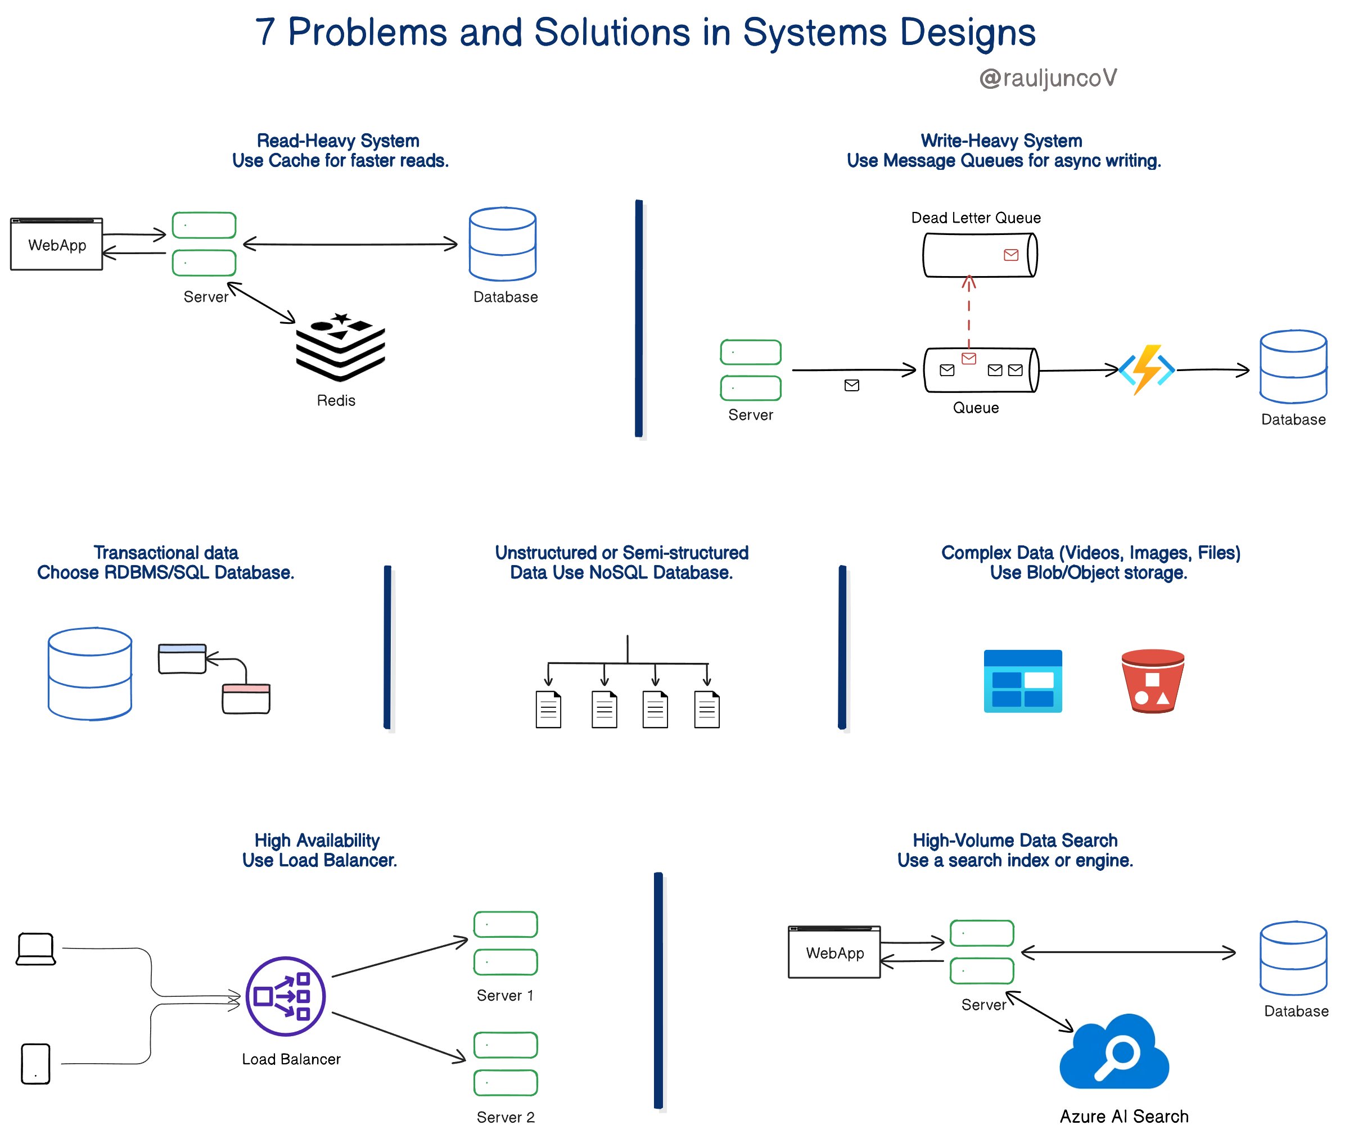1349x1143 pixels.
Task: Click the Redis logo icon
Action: (x=340, y=347)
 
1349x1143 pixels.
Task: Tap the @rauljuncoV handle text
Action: (x=1048, y=78)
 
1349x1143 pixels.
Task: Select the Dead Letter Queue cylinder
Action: (x=979, y=255)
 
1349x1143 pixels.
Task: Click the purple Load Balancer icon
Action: (x=286, y=996)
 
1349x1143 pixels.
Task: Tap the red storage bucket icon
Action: (x=1153, y=681)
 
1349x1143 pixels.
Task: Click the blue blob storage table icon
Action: (x=1022, y=681)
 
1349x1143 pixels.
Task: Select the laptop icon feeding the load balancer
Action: (x=35, y=949)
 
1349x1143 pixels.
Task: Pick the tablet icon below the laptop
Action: (x=35, y=1063)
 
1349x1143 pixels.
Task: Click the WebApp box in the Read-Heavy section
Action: (x=57, y=244)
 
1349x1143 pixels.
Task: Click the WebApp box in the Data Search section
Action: (x=834, y=952)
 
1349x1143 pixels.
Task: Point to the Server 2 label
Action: (x=506, y=1117)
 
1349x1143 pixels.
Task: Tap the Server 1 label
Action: (x=506, y=995)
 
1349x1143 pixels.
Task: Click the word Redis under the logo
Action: (x=336, y=400)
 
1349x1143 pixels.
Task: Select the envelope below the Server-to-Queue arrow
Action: (x=851, y=386)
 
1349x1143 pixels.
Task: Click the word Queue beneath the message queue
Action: (x=975, y=408)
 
